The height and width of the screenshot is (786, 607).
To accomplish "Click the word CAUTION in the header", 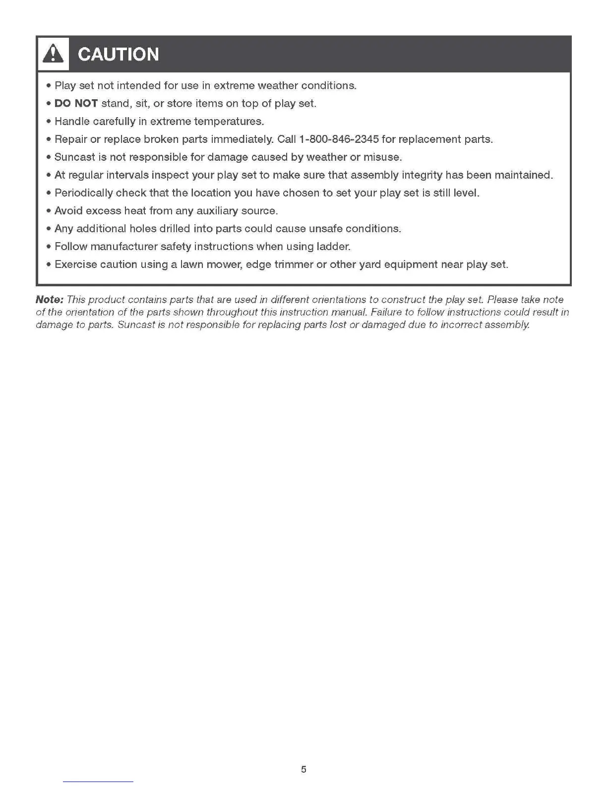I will [x=119, y=55].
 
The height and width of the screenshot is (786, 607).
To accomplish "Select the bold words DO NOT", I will [x=76, y=104].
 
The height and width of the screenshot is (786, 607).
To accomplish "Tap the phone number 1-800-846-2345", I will [x=339, y=139].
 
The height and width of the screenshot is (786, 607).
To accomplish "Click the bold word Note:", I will [x=50, y=300].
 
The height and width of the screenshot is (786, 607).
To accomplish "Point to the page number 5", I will [x=303, y=770].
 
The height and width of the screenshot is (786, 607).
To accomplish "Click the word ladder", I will [x=333, y=247].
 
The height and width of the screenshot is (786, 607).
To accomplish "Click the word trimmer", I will [x=294, y=264].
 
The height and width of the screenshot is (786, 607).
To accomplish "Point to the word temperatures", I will [x=229, y=122].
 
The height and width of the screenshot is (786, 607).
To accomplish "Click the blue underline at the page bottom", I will [x=98, y=782].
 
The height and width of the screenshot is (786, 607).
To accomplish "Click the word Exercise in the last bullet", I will [x=75, y=264].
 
